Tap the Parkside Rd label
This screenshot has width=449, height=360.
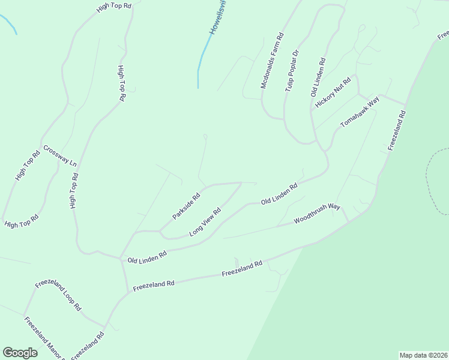point(186,206)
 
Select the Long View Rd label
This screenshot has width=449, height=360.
point(205,221)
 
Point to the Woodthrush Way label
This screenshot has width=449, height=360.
point(317,214)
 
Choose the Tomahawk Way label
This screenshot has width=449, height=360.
point(360,112)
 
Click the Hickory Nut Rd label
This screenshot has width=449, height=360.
point(333,93)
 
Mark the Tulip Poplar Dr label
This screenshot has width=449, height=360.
point(292,71)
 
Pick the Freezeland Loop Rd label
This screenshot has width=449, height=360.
point(58,294)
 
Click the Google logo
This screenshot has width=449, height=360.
point(20,353)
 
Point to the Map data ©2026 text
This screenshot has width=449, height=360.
point(424,355)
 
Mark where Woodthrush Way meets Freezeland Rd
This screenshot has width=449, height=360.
point(349,222)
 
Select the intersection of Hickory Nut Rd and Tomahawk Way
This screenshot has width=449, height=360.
point(358,94)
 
